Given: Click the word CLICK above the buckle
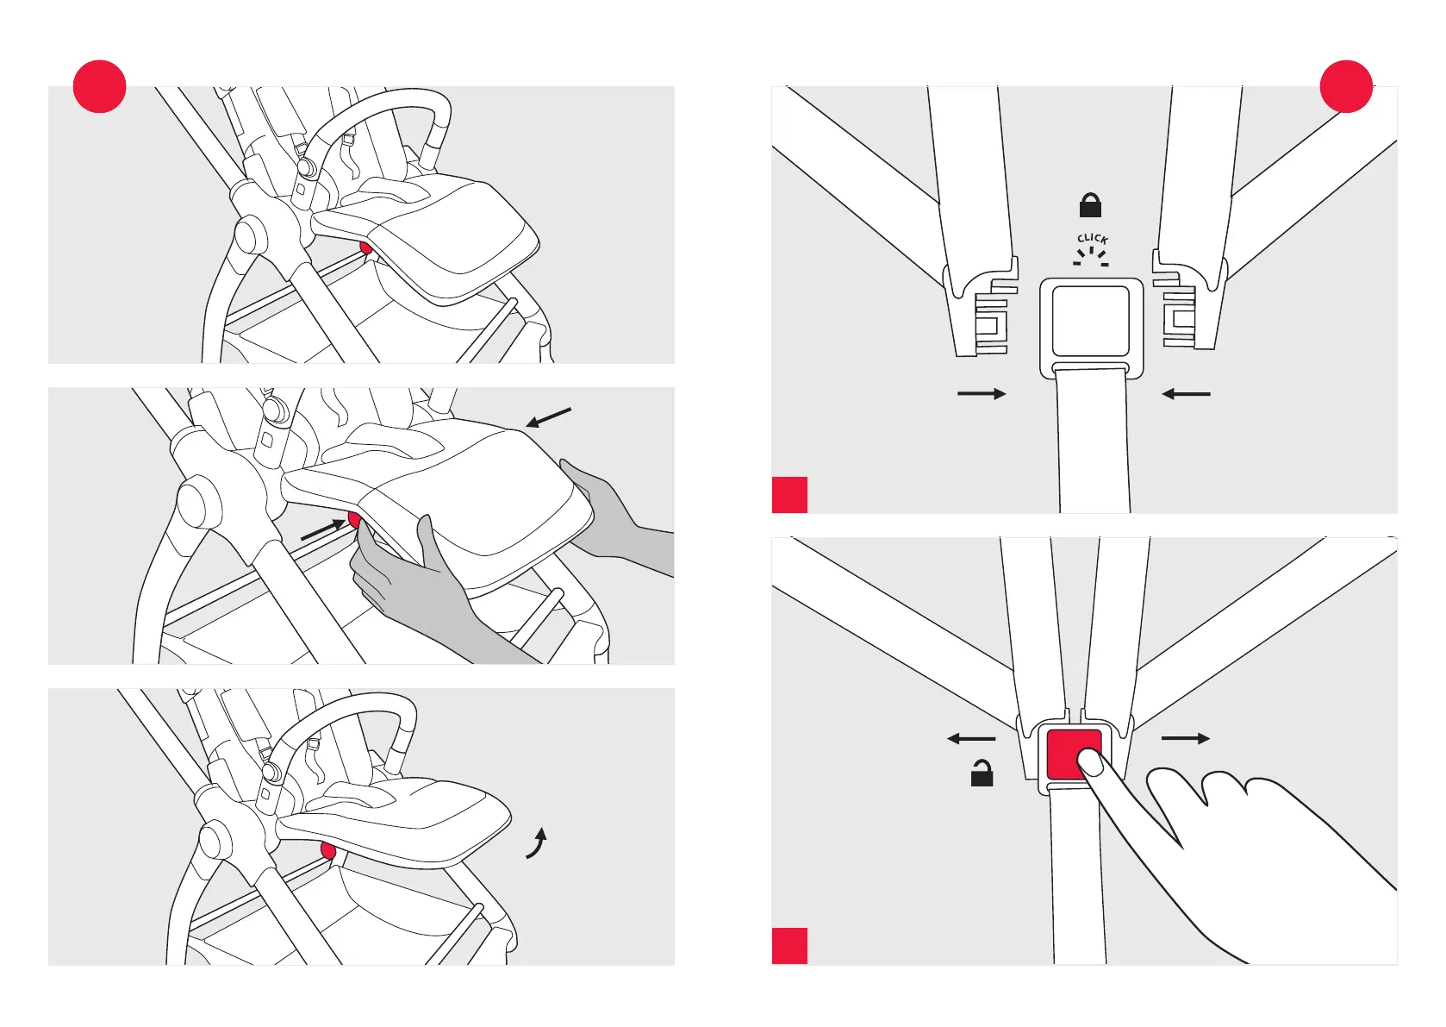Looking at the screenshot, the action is [1092, 238].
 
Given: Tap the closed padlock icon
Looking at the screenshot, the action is [1090, 205].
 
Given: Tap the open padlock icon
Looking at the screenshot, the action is [982, 773].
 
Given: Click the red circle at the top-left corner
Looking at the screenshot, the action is [100, 86].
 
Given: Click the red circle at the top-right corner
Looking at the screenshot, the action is [1346, 86].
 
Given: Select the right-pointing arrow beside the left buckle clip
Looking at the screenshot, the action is [982, 394].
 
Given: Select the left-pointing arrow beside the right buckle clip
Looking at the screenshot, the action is [1186, 394].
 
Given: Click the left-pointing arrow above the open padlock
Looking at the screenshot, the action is [971, 739].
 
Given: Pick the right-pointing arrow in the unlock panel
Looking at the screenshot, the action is [1186, 739].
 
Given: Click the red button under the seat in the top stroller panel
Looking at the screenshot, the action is [366, 248].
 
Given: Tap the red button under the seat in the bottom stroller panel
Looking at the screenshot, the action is [327, 852].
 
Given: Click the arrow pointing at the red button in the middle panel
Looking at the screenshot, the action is [322, 530].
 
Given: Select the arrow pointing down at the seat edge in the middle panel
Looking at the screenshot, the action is [548, 417].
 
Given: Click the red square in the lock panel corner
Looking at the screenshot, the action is [789, 495].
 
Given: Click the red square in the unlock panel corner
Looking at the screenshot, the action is [789, 946].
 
